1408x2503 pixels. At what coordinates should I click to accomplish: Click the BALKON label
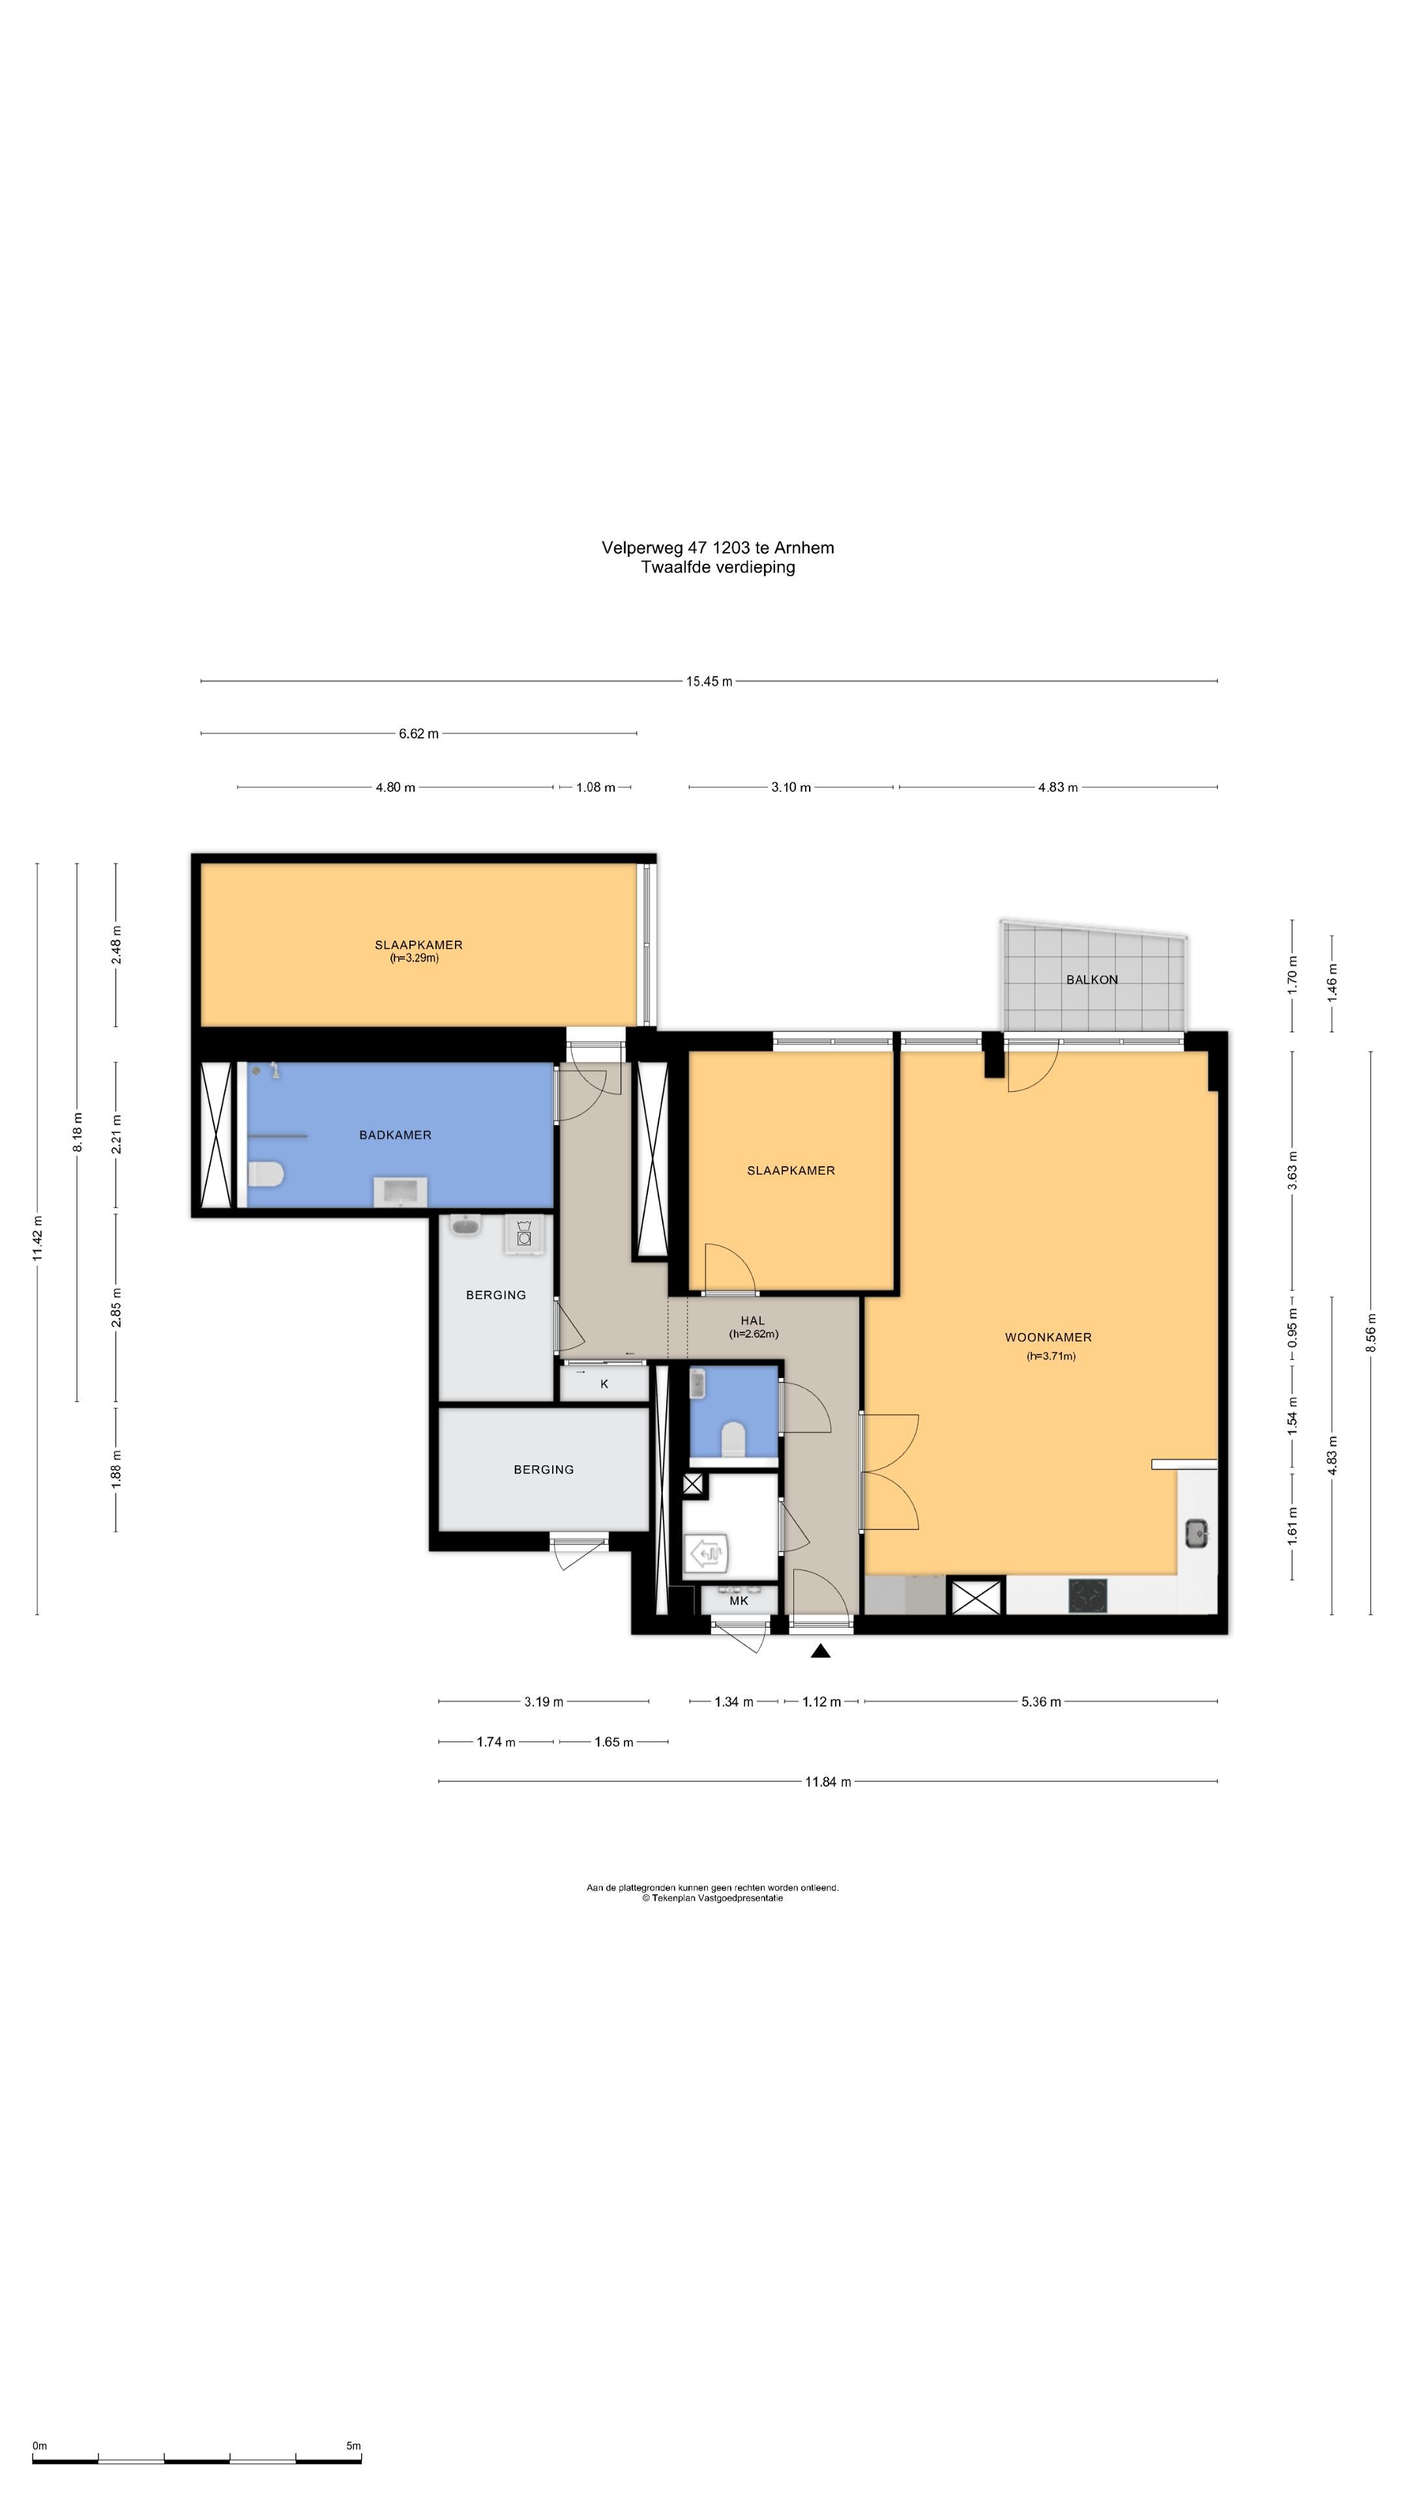(1091, 980)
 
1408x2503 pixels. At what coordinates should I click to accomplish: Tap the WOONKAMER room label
(1048, 1337)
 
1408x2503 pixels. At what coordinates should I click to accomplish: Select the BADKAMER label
(394, 1135)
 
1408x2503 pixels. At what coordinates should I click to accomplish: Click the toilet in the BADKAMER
(264, 1176)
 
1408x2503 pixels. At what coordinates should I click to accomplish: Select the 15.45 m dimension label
(709, 681)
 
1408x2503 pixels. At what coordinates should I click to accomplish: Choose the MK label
(739, 1600)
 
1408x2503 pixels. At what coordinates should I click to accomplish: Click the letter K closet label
(604, 1384)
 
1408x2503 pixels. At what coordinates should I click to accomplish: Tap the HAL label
(752, 1321)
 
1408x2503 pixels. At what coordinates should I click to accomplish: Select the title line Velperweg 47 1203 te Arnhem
(717, 548)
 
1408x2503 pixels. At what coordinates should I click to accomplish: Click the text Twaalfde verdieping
(717, 568)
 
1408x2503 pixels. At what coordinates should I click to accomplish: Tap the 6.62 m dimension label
(418, 733)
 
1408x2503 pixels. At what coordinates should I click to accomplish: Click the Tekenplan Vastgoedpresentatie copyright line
(712, 1897)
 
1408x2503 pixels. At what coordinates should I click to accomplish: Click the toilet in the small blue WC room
(733, 1438)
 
